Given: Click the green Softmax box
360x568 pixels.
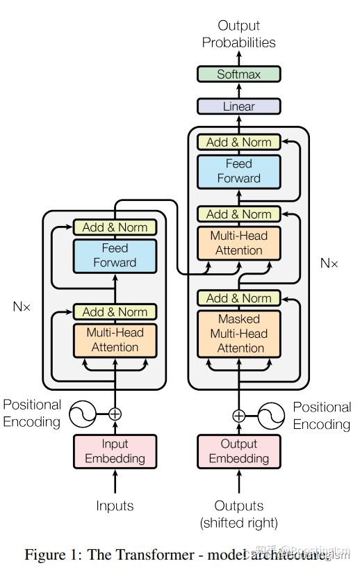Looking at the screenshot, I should coord(238,74).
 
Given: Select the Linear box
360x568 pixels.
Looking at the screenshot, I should coord(238,106).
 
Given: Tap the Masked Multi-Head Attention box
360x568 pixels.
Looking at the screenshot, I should coord(238,333).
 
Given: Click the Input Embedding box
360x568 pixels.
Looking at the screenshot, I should coord(115,451).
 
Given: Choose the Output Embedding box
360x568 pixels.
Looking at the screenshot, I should coord(238,451).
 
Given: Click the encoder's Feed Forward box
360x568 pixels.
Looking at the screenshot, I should coord(115,255).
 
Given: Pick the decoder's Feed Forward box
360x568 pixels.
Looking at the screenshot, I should coord(238,171).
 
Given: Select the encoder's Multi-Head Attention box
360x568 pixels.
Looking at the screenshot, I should coord(115,340).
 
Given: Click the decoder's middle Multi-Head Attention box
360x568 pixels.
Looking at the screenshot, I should coord(238,243).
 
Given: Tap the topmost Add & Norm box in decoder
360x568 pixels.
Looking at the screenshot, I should coord(238,142).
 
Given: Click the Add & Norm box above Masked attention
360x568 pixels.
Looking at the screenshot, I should coord(238,298).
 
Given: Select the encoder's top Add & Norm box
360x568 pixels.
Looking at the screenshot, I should coord(115,227).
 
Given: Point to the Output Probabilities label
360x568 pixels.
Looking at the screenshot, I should coord(238,34).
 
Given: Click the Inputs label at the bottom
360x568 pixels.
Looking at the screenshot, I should coord(115,505).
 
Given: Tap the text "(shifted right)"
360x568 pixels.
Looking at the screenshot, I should coord(238,523).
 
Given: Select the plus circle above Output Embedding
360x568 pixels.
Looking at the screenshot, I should coord(238,416).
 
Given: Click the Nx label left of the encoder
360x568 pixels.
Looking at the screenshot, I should coord(22,306).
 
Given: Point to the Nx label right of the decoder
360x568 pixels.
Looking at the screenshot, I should coord(329,263).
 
